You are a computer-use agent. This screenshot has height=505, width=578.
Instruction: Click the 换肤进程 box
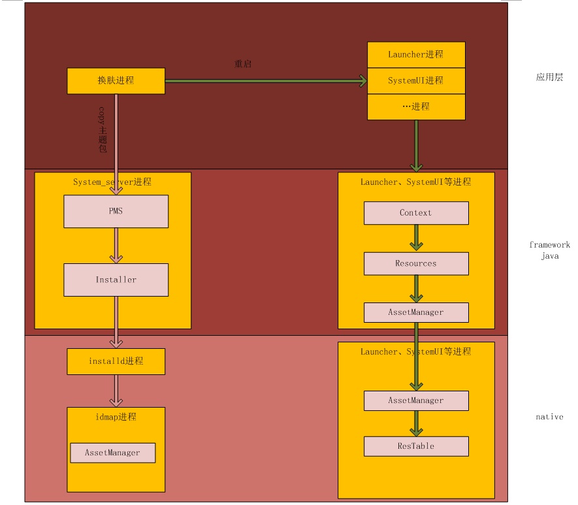(x=116, y=80)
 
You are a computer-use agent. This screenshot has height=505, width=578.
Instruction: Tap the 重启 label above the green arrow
(x=243, y=64)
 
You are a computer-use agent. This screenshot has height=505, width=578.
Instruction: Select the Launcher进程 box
(x=416, y=54)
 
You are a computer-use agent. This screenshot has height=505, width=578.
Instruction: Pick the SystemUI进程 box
(x=416, y=80)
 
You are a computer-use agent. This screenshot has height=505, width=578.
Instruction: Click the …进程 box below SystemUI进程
(x=416, y=106)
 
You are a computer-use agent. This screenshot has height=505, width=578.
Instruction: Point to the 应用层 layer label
(x=549, y=77)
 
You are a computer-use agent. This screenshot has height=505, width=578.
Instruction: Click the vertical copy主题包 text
(x=102, y=129)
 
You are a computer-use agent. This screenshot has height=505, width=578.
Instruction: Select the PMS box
(x=116, y=211)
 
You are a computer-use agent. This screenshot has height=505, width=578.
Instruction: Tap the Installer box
(x=116, y=280)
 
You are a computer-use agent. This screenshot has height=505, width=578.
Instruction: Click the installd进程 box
(x=116, y=361)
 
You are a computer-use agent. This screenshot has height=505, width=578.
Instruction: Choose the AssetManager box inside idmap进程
(x=113, y=453)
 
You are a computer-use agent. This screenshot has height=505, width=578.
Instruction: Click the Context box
(x=416, y=213)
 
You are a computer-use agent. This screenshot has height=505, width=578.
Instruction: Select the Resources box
(x=416, y=263)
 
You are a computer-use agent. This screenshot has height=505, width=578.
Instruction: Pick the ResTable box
(x=416, y=446)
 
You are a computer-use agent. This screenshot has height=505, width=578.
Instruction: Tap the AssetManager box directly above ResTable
(x=416, y=400)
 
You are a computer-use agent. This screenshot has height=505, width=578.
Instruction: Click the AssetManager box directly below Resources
(x=416, y=312)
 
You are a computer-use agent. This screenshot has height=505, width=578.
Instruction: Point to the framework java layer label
(x=549, y=250)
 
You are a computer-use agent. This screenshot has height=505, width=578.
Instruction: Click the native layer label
(x=549, y=417)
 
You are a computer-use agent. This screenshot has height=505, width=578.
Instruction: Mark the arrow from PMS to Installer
(x=116, y=246)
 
